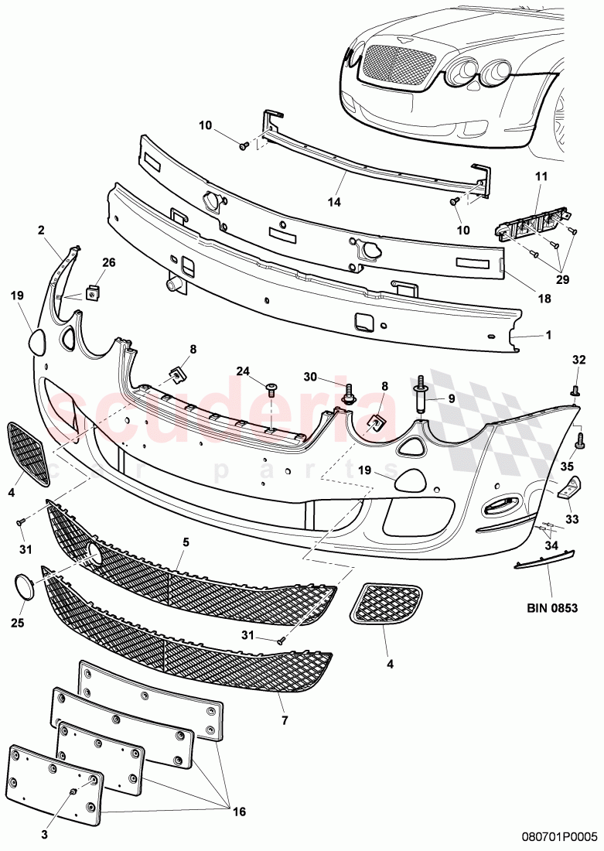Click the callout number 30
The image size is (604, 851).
tap(311, 377)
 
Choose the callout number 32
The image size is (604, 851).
tap(578, 359)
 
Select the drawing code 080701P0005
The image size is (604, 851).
tap(559, 836)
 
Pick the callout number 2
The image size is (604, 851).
tap(41, 230)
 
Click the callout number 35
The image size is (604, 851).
tap(567, 467)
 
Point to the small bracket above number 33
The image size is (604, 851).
tap(569, 487)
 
